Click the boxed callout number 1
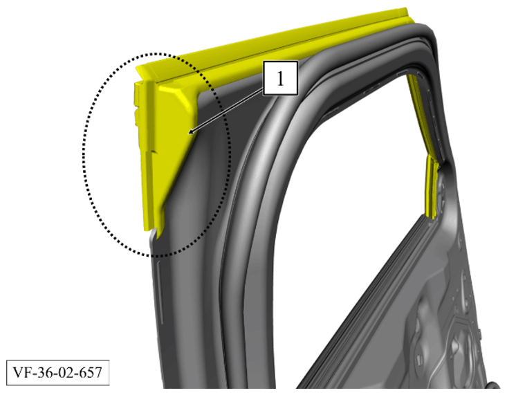pyautogui.click(x=280, y=78)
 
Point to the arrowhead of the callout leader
pyautogui.click(x=191, y=131)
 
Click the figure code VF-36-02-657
pyautogui.click(x=57, y=372)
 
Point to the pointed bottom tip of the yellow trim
pyautogui.click(x=158, y=238)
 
